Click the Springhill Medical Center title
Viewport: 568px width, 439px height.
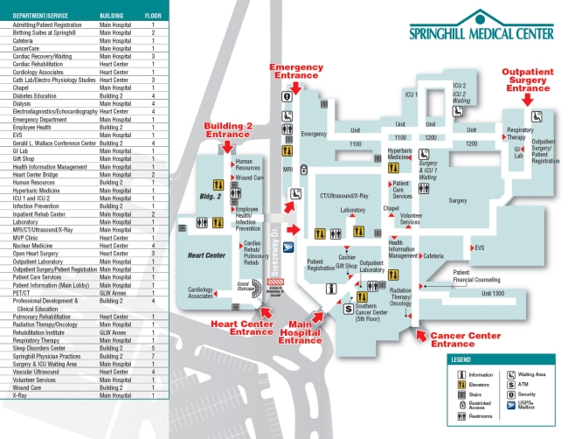[x=481, y=33]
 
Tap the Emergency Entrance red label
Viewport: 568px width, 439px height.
[x=295, y=72]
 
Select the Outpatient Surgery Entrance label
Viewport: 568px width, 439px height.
[x=528, y=80]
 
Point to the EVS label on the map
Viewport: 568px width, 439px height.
[x=479, y=247]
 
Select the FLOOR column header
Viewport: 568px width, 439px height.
[x=152, y=16]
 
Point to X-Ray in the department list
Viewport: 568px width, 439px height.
[x=23, y=396]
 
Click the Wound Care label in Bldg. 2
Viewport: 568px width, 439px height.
[x=249, y=178]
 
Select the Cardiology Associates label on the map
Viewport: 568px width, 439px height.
[x=200, y=292]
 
